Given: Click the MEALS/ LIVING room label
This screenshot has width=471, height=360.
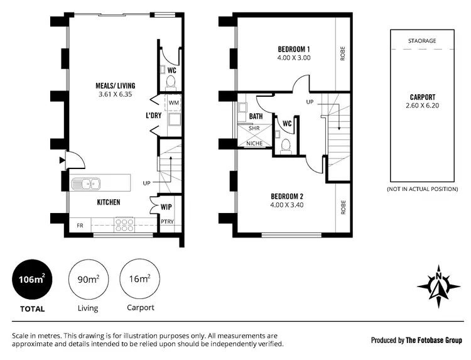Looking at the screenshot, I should click(x=114, y=85).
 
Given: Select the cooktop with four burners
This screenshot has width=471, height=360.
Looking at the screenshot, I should click(x=124, y=224).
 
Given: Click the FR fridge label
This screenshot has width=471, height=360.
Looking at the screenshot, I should click(x=80, y=224).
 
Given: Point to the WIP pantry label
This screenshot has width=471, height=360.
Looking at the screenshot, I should click(x=166, y=206).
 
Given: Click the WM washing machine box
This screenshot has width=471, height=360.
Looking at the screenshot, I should click(x=173, y=102).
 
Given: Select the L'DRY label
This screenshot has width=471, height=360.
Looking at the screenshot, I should click(x=154, y=116).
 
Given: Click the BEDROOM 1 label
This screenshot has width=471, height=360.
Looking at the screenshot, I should click(x=294, y=48).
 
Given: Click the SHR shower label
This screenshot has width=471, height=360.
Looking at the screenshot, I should click(x=254, y=129).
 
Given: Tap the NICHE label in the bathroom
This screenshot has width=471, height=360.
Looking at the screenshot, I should click(x=254, y=143).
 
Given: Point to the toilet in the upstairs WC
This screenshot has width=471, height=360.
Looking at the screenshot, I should click(x=286, y=145).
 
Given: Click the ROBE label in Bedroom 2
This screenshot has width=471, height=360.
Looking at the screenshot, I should click(x=343, y=207).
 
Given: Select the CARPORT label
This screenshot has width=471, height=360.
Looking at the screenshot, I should click(x=421, y=97).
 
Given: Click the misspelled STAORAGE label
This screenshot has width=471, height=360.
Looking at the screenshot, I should click(x=421, y=41).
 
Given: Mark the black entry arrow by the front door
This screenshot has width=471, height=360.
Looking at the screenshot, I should click(x=62, y=160).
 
